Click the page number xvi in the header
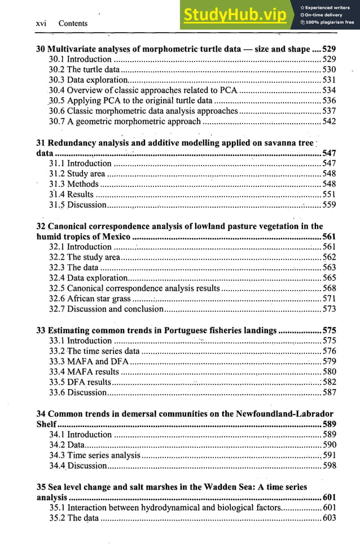[41, 23]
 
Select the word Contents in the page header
[73, 23]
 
